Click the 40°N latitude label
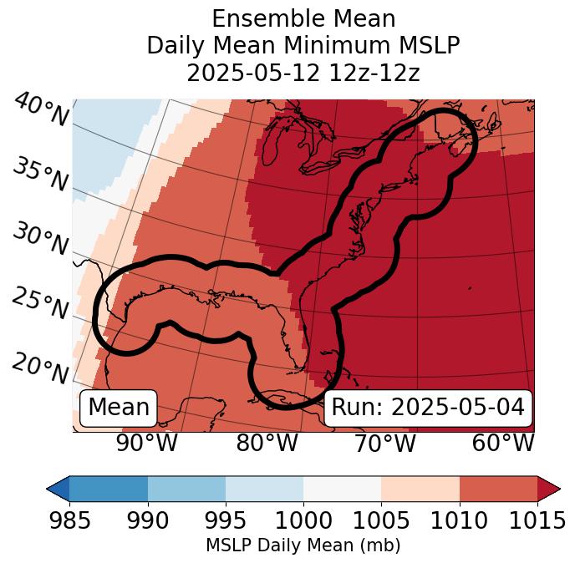41,111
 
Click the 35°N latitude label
40,176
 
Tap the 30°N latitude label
40,241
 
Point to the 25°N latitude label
40,304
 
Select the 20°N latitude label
40,368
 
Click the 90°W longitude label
147,444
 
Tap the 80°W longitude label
267,444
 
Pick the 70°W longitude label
384,444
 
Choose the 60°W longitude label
503,444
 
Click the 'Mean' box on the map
119,408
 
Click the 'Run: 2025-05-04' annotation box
428,408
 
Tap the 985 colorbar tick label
70,521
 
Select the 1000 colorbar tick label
303,521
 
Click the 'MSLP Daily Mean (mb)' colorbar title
303,546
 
